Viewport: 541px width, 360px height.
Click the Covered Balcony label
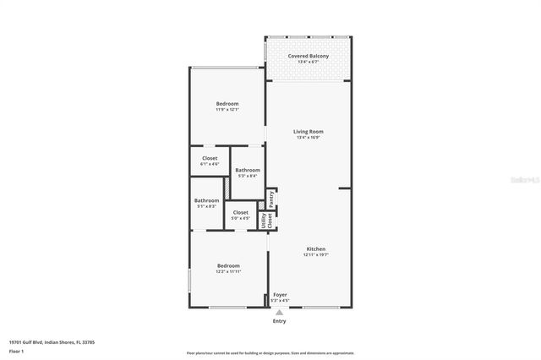coord(308,56)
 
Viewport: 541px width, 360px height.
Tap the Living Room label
coord(309,131)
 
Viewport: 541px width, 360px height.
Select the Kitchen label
coord(316,248)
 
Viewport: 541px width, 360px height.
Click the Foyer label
coord(280,294)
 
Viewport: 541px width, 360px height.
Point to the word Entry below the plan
coord(279,321)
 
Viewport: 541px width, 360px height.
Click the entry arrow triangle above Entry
coord(279,312)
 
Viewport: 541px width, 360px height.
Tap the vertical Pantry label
coord(271,198)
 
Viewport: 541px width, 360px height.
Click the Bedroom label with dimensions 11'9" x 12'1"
coord(227,103)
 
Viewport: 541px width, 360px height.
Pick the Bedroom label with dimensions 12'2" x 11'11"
coord(228,265)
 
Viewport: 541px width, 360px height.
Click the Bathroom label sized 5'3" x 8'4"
coord(247,170)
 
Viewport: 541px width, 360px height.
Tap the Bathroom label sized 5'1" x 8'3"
coord(206,200)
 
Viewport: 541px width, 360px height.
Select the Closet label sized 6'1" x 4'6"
coord(210,158)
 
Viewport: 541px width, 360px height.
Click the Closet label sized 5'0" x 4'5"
coord(240,212)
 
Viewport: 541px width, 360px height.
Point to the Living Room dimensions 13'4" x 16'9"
coord(309,138)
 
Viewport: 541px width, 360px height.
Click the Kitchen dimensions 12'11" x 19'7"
coord(316,254)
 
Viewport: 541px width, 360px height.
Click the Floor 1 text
coord(17,350)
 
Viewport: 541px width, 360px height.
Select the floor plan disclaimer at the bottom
coord(270,353)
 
